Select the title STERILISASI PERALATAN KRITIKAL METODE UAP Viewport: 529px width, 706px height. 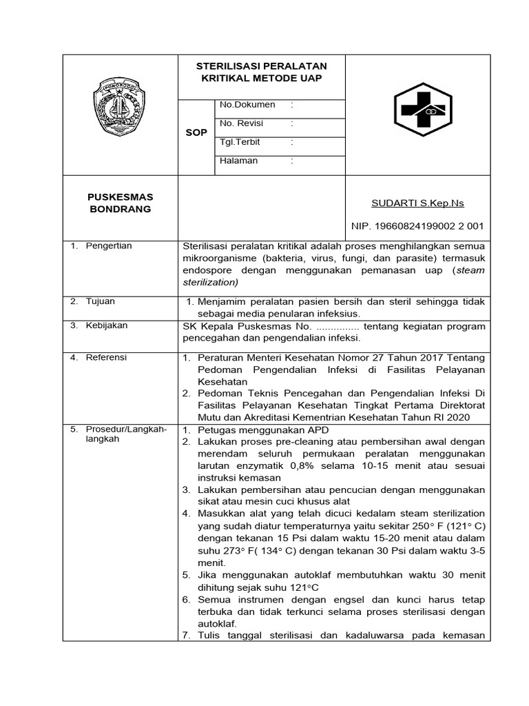pyautogui.click(x=262, y=72)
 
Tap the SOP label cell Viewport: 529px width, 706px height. pyautogui.click(x=196, y=132)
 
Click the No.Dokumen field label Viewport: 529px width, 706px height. pyautogui.click(x=247, y=105)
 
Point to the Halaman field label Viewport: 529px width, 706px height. pyautogui.click(x=238, y=161)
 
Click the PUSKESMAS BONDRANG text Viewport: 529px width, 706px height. pyautogui.click(x=121, y=203)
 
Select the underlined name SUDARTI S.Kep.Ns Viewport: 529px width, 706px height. pyautogui.click(x=418, y=203)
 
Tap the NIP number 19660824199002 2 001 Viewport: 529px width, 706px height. pyautogui.click(x=418, y=225)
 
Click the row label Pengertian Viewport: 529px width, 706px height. pyautogui.click(x=109, y=246)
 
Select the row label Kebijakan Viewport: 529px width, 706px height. pyautogui.click(x=106, y=325)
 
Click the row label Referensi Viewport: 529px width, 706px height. pyautogui.click(x=106, y=357)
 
